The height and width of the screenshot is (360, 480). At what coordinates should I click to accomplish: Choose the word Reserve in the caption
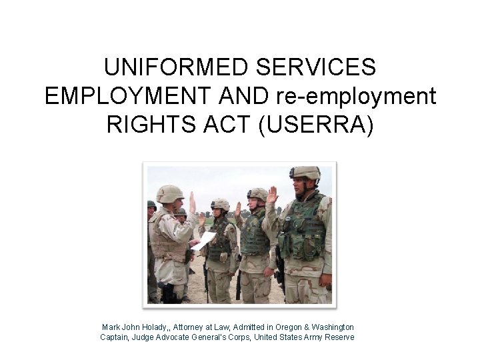click(x=339, y=337)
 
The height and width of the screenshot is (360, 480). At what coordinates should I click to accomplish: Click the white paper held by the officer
click(x=205, y=240)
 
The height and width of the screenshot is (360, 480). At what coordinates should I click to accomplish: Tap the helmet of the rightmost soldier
click(x=305, y=173)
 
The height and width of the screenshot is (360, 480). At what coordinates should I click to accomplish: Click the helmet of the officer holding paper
click(x=170, y=193)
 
